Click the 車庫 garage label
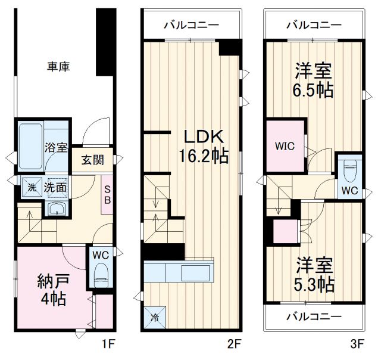click(x=59, y=66)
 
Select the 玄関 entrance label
click(x=93, y=160)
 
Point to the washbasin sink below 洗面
click(x=57, y=209)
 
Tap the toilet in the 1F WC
click(x=101, y=278)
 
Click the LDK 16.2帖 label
click(x=201, y=146)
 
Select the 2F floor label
click(x=233, y=343)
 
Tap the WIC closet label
click(x=284, y=145)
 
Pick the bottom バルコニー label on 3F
click(x=313, y=316)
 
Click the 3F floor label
click(x=356, y=343)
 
